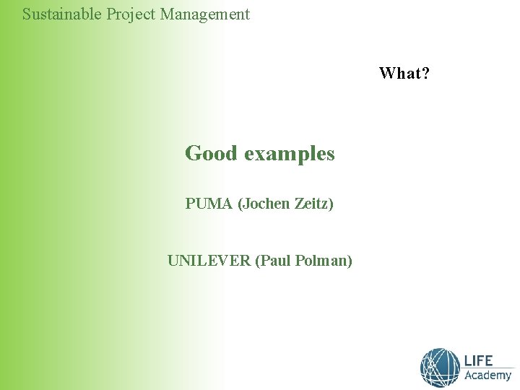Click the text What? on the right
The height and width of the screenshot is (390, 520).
click(x=404, y=73)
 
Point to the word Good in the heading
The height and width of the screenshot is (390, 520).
click(x=211, y=153)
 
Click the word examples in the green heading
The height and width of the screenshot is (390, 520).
click(x=290, y=154)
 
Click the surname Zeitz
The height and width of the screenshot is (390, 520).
click(x=314, y=204)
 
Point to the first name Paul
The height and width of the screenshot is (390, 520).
click(x=272, y=260)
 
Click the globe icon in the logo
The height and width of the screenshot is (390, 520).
click(x=440, y=367)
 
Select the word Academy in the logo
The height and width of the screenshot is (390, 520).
click(x=487, y=376)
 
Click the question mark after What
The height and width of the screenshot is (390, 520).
click(x=425, y=73)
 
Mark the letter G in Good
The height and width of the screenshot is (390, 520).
click(x=194, y=153)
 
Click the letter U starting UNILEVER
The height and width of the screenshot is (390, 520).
click(x=173, y=260)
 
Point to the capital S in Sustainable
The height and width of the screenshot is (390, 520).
click(x=27, y=14)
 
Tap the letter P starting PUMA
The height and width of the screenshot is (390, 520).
click(x=190, y=204)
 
